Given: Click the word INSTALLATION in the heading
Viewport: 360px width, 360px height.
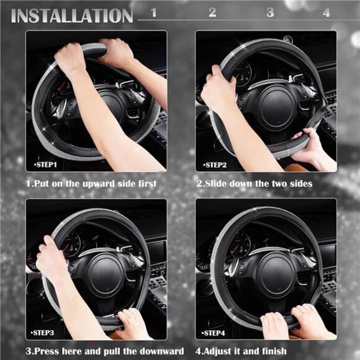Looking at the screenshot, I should (x=72, y=15).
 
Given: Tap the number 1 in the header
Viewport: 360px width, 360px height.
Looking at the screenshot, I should (x=154, y=12).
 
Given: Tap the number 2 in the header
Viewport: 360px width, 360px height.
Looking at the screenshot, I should (x=212, y=12).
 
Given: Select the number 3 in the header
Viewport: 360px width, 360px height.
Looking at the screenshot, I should (x=270, y=12).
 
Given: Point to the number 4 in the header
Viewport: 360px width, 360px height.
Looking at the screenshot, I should (x=326, y=12).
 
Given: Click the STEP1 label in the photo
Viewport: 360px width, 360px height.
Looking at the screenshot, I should (x=45, y=165).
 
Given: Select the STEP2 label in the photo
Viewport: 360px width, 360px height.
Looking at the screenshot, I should (x=215, y=165).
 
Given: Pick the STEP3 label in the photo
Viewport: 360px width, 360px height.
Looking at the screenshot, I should (x=45, y=333).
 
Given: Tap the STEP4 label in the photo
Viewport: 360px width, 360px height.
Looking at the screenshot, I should (x=215, y=333).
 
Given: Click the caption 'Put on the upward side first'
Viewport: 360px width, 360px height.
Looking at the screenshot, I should (x=91, y=184).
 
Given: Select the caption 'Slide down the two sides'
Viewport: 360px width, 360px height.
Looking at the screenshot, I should (x=254, y=184).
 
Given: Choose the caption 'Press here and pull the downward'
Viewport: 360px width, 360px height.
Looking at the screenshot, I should (x=104, y=351).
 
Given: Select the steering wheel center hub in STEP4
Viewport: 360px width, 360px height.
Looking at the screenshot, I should (x=274, y=273).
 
